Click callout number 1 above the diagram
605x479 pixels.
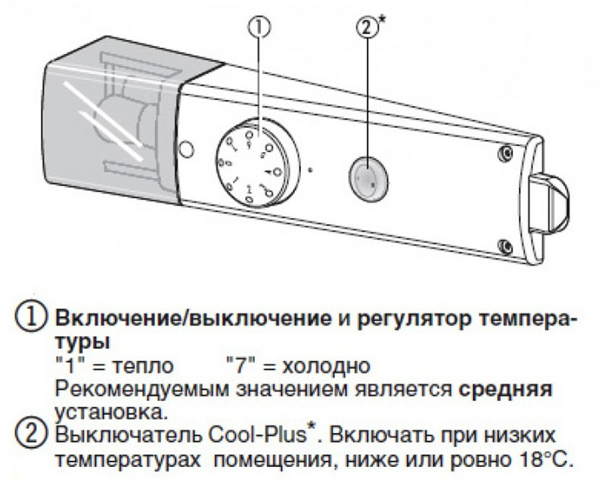point(259,27)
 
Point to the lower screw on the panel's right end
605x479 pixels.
point(505,245)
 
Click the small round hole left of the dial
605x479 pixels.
point(186,149)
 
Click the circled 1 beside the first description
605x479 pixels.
point(30,319)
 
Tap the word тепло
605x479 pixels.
point(143,366)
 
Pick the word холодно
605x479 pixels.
point(326,366)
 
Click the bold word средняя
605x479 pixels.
point(505,390)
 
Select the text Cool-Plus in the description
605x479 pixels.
point(257,436)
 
